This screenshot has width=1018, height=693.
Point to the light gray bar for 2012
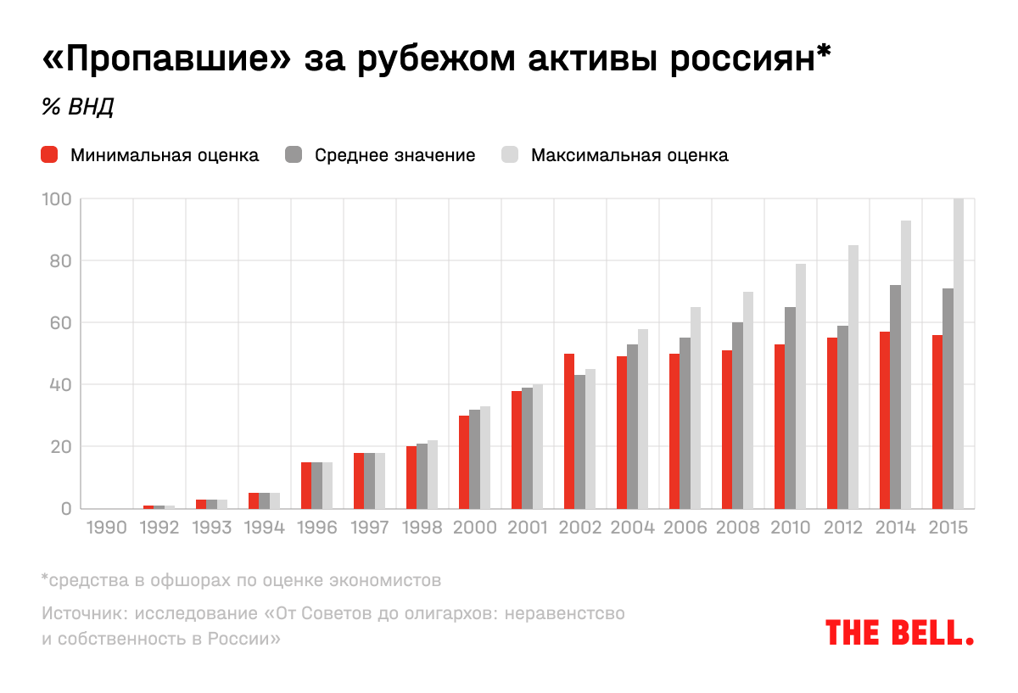pyautogui.click(x=853, y=377)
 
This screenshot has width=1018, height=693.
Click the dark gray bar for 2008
pyautogui.click(x=737, y=416)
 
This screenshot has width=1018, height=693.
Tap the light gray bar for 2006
pyautogui.click(x=696, y=407)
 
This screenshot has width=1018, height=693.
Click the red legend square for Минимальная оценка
pyautogui.click(x=49, y=155)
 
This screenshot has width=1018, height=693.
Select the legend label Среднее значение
pyautogui.click(x=394, y=155)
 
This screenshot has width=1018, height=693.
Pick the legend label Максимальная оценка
pyautogui.click(x=629, y=155)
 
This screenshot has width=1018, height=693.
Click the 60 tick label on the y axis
pyautogui.click(x=58, y=323)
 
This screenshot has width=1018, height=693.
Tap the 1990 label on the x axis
pyautogui.click(x=106, y=528)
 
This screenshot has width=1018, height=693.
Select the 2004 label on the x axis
pyautogui.click(x=632, y=528)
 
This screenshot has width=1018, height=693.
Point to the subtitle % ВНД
pyautogui.click(x=77, y=108)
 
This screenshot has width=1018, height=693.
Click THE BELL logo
pyautogui.click(x=899, y=632)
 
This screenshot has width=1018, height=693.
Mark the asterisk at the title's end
pyautogui.click(x=820, y=54)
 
